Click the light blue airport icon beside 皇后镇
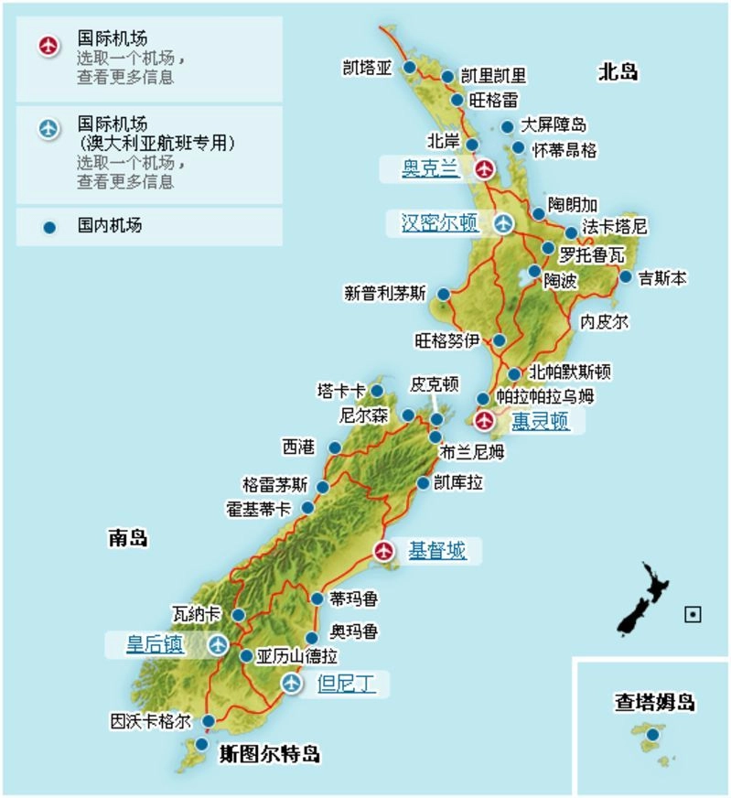click(218, 645)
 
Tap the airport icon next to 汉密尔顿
click(503, 223)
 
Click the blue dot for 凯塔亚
click(410, 68)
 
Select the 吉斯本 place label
click(663, 276)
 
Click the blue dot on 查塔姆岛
click(652, 734)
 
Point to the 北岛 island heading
click(618, 72)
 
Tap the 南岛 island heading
click(127, 538)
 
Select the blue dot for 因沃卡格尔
click(209, 721)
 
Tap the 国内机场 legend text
click(110, 225)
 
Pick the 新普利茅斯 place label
click(385, 294)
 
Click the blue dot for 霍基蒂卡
click(307, 508)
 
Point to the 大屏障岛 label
click(554, 125)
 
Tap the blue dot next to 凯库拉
click(423, 482)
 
